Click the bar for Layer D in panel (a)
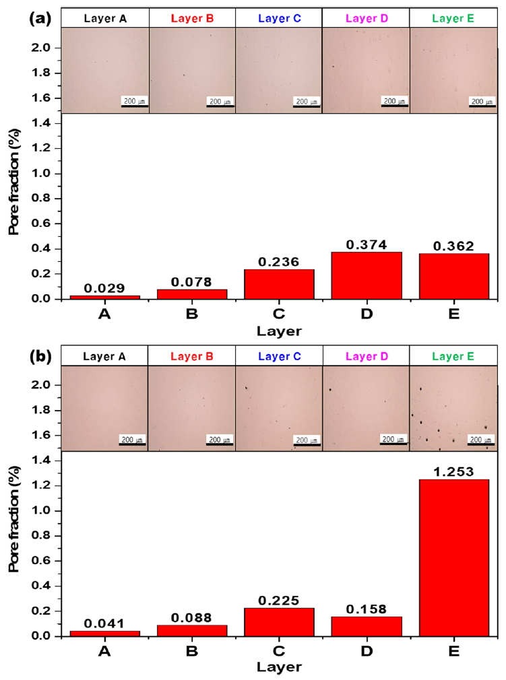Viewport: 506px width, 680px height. pos(366,275)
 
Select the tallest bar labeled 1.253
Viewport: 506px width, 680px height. pos(453,557)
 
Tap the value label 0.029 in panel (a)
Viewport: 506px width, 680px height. pos(104,287)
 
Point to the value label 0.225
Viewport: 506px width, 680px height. pos(279,600)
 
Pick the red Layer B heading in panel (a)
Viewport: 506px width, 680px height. pos(192,18)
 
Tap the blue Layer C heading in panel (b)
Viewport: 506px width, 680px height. pos(279,355)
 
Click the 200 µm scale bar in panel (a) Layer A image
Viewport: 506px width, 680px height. pos(135,106)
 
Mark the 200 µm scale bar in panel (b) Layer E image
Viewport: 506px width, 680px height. pos(481,443)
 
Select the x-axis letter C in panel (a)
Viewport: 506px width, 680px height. pos(279,314)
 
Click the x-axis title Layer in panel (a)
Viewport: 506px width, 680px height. pos(279,331)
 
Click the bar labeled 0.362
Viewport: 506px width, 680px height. pos(453,275)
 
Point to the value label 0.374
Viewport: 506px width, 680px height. pos(366,244)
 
